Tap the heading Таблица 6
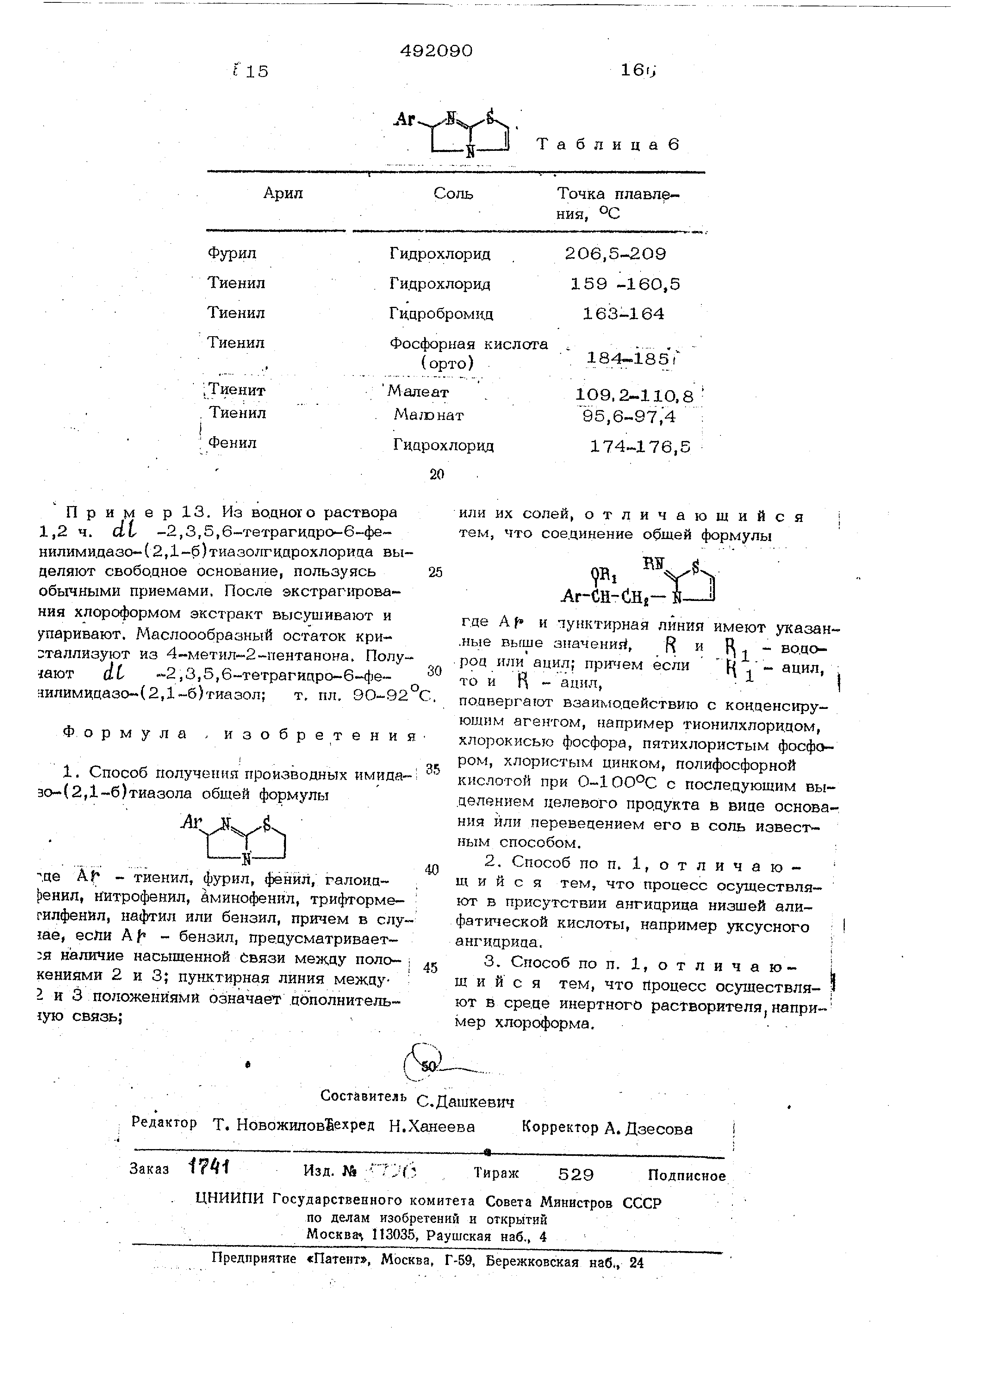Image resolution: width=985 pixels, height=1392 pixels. tap(608, 144)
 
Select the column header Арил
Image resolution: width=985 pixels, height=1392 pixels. tap(283, 193)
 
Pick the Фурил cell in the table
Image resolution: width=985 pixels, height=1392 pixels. tap(232, 253)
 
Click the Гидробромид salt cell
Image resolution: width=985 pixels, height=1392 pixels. tap(441, 314)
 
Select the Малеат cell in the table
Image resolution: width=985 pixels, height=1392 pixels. tap(419, 392)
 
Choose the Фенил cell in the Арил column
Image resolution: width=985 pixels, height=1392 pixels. tap(233, 443)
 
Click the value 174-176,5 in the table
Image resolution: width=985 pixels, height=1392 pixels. tap(641, 447)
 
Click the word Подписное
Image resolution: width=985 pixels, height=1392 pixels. tap(687, 1176)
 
